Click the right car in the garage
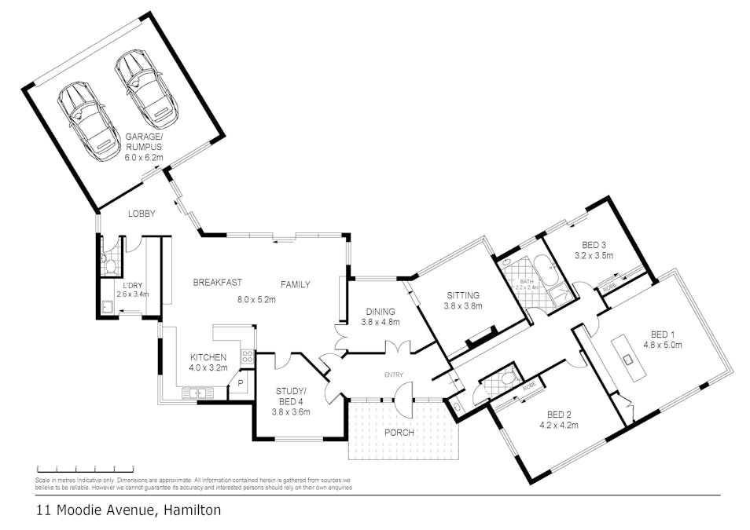[144, 90]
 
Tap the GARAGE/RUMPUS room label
[144, 141]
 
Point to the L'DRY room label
[131, 285]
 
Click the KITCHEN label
[208, 357]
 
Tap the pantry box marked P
[240, 385]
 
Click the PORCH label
[399, 433]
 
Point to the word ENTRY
[393, 375]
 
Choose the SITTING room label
[462, 296]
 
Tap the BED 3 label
[594, 244]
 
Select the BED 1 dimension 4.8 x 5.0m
[663, 344]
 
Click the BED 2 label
[560, 416]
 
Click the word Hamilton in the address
[192, 510]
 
